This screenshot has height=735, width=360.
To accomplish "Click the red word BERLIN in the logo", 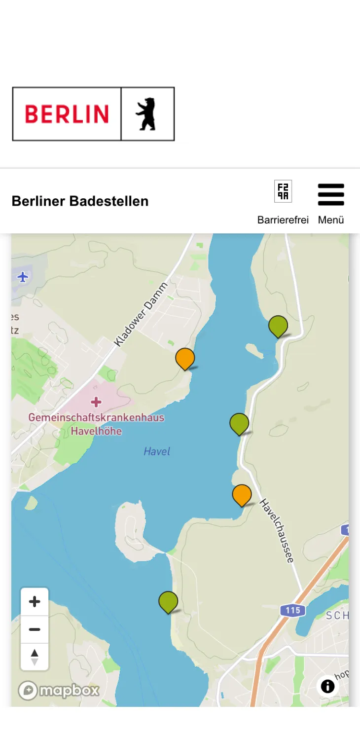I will click(67, 114).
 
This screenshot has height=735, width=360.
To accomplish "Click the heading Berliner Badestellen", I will click(80, 201).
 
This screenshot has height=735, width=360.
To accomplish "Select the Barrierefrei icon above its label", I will click(283, 191).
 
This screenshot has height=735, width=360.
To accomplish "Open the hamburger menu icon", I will click(331, 194).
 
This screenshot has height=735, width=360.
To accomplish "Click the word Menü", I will click(331, 220).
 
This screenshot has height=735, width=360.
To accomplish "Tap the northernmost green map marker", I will click(278, 326).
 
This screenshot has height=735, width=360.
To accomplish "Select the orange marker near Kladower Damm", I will click(185, 358).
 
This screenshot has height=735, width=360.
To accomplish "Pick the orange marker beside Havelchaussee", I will click(242, 494).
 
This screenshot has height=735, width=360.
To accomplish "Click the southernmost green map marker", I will click(168, 601).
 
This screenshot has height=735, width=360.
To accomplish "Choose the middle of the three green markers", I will click(239, 423).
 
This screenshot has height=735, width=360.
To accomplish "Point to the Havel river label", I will click(157, 451).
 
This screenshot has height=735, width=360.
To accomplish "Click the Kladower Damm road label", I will click(141, 314).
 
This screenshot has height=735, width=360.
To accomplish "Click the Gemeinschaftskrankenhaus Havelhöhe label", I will click(96, 424).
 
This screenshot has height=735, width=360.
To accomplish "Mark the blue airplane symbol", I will click(23, 277).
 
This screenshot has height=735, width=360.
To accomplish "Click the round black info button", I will click(327, 686).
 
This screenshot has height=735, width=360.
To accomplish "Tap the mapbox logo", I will click(59, 691).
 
